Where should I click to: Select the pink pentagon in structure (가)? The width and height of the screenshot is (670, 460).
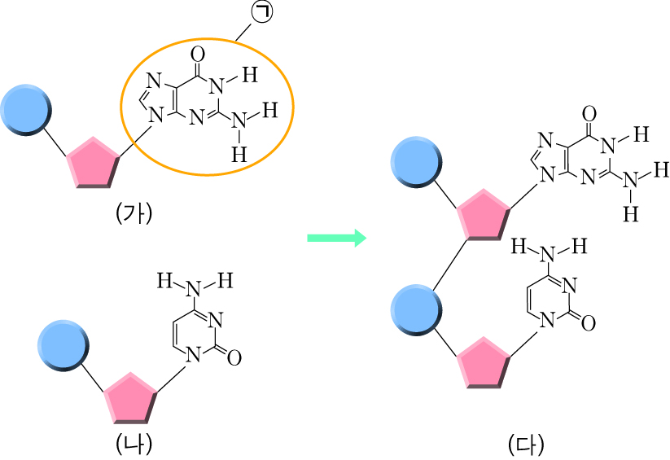[93, 163]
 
